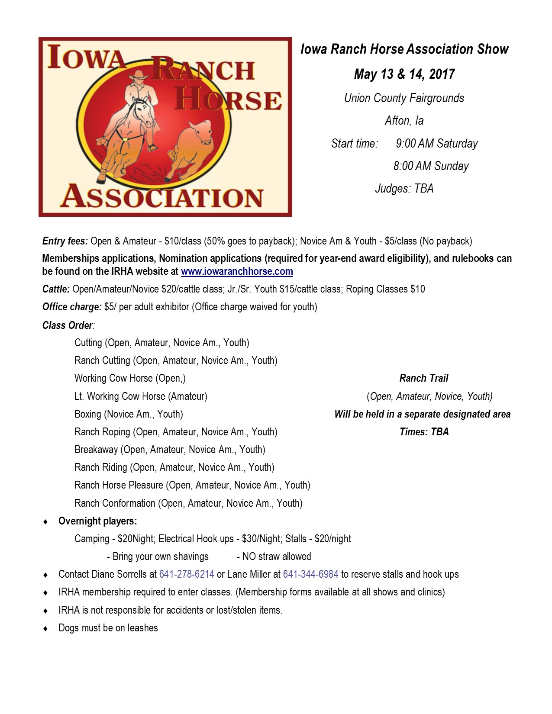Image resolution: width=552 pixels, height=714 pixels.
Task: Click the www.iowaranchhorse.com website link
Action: click(x=237, y=272)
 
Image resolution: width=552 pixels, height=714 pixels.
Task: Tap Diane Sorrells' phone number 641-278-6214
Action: click(x=187, y=574)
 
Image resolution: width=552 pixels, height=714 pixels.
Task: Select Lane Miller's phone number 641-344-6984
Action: click(x=310, y=574)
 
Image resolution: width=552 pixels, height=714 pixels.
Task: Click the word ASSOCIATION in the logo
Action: click(x=161, y=197)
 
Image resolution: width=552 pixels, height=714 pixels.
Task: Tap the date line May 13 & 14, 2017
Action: click(x=404, y=74)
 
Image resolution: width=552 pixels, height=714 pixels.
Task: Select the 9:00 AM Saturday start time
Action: click(x=436, y=144)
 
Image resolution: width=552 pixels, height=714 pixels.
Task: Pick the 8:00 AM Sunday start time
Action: click(x=431, y=166)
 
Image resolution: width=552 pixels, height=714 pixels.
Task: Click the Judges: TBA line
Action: click(x=404, y=189)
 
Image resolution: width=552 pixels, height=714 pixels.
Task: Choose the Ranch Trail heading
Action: click(x=423, y=378)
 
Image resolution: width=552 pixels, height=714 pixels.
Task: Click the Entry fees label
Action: click(x=65, y=241)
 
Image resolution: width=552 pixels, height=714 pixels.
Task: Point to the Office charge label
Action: click(x=72, y=307)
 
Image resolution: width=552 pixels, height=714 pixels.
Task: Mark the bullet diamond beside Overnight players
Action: click(x=46, y=521)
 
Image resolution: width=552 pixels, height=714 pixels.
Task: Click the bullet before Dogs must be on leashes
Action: click(x=46, y=628)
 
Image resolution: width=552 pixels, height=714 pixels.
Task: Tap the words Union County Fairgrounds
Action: click(x=404, y=98)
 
